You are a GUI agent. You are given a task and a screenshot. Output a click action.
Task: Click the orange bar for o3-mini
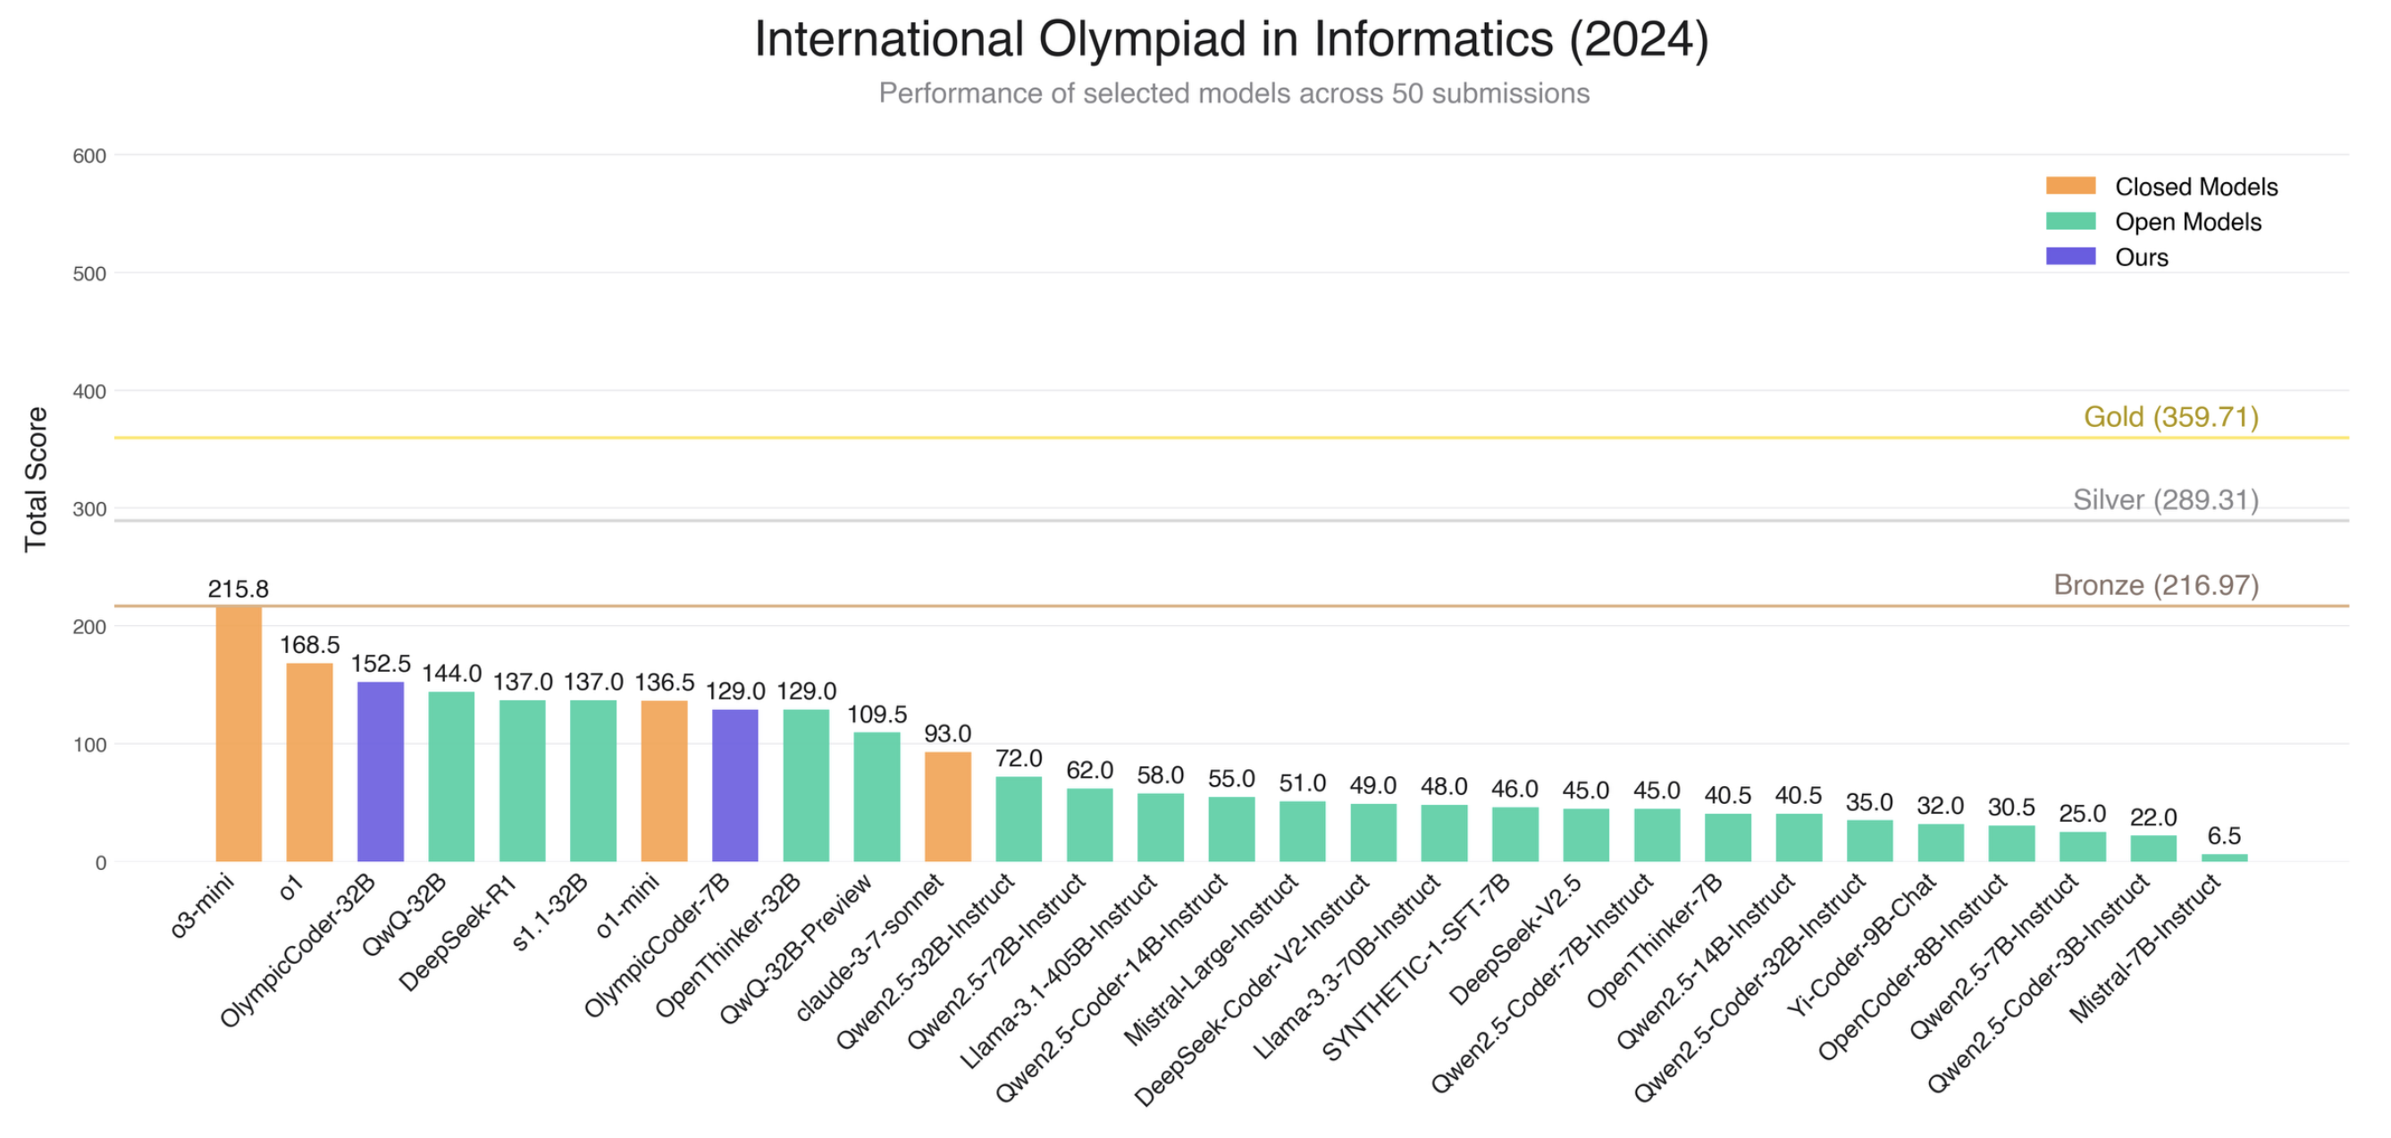(x=239, y=733)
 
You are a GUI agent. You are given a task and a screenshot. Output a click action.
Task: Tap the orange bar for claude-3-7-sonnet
(x=948, y=807)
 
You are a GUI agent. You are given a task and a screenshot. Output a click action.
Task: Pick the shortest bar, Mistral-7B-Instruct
(x=2224, y=858)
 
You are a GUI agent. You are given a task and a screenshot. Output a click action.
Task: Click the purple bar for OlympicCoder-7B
(x=735, y=785)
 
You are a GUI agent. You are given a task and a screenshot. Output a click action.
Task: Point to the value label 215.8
(x=239, y=589)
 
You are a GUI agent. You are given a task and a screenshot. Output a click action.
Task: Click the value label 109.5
(x=877, y=714)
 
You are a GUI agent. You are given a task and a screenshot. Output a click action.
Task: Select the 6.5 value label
(x=2224, y=835)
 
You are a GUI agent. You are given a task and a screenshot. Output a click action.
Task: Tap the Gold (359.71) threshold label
(x=2171, y=417)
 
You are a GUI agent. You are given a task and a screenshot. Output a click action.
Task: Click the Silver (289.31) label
(x=2166, y=500)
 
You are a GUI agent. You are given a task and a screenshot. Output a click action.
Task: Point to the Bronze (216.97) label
(x=2155, y=585)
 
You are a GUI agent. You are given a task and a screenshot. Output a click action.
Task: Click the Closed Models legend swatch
(x=2071, y=186)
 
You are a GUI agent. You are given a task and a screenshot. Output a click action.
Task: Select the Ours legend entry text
(x=2142, y=257)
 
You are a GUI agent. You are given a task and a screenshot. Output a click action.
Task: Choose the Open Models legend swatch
(x=2071, y=221)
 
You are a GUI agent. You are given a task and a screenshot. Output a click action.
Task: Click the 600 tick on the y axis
(x=89, y=156)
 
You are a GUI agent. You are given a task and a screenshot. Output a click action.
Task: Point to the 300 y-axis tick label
(x=89, y=508)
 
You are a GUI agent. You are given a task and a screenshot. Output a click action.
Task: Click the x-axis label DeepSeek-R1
(x=457, y=933)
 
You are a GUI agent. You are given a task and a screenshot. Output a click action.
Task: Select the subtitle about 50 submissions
(x=1234, y=94)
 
